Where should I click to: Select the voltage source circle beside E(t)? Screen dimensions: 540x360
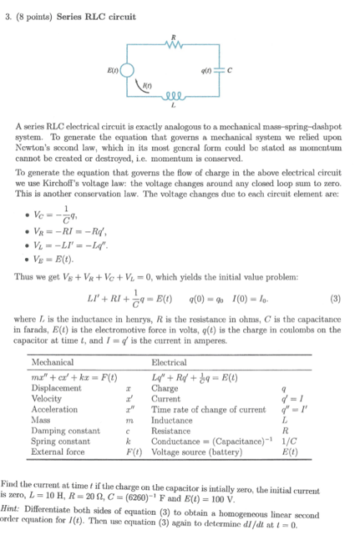(124, 71)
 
